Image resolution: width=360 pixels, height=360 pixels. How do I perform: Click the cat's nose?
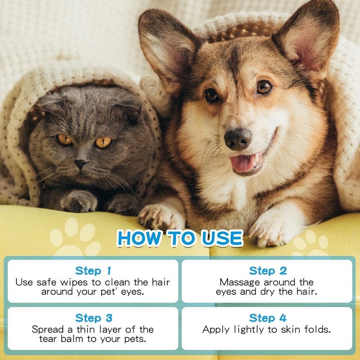[x=81, y=163]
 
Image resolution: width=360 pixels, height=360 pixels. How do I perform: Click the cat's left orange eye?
[x=65, y=140]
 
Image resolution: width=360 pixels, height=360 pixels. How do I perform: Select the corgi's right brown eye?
[x=264, y=87]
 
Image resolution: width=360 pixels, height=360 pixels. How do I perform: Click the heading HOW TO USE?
[x=180, y=239]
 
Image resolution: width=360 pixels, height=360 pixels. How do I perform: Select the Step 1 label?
[x=93, y=271]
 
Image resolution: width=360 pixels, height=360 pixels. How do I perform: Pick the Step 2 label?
[x=268, y=271]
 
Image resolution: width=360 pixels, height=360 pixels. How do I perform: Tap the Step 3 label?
[x=94, y=318]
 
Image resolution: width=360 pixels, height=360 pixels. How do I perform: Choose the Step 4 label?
[x=268, y=318]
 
